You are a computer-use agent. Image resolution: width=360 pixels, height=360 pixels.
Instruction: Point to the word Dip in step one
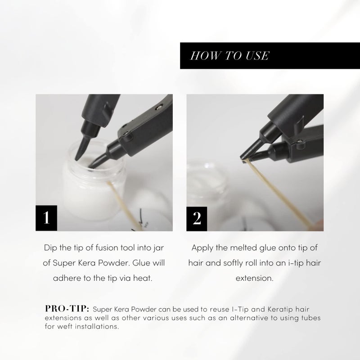[51, 248]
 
